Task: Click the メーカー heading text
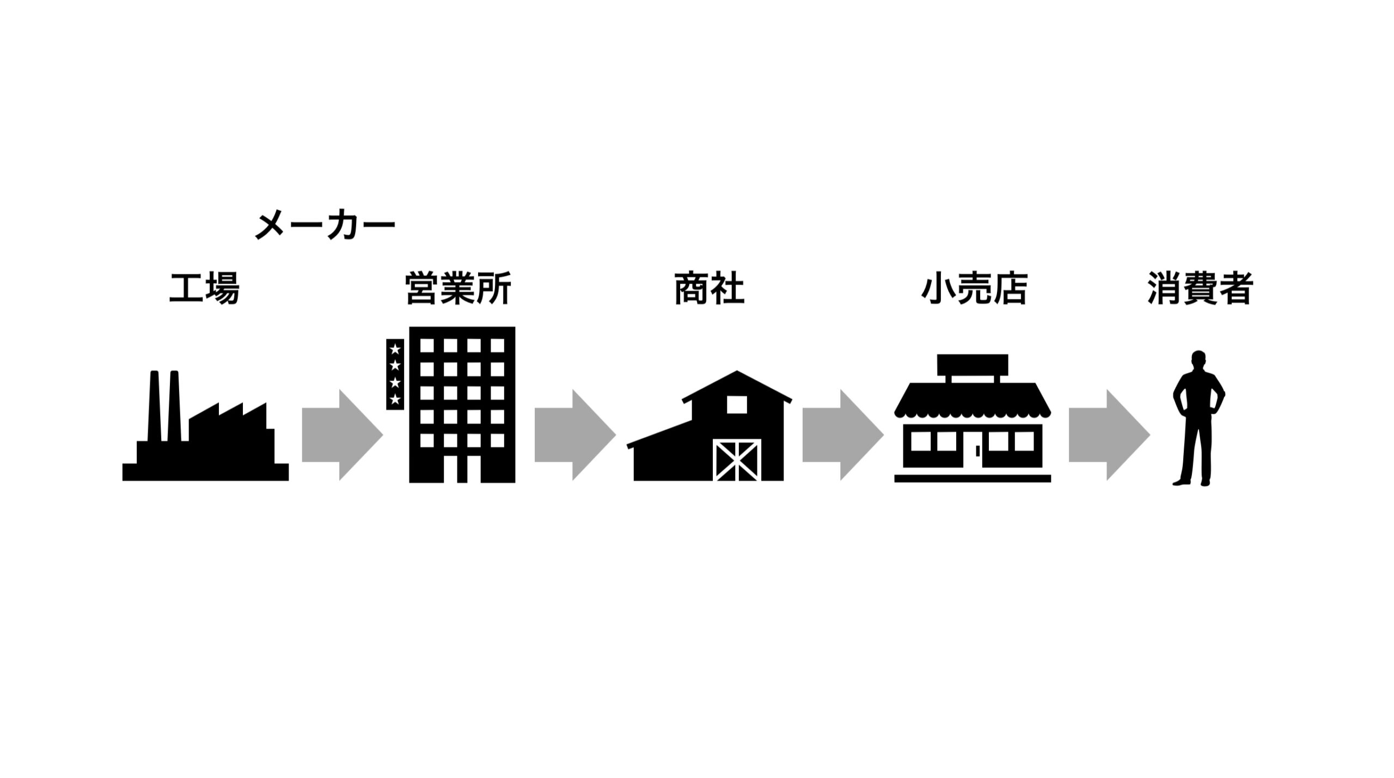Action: [x=325, y=225]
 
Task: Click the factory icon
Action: [x=205, y=426]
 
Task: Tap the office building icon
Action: [x=451, y=405]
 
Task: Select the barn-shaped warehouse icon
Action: [x=709, y=426]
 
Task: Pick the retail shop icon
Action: [x=973, y=418]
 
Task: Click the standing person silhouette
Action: [x=1199, y=418]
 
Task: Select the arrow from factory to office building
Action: [x=343, y=434]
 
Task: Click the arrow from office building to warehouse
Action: [x=575, y=434]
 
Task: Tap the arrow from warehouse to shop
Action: [x=843, y=434]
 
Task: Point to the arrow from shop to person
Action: [x=1109, y=434]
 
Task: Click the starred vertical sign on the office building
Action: [x=395, y=374]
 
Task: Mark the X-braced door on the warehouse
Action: [x=737, y=461]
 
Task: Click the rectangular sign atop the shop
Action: [x=973, y=365]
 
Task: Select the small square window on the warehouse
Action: [x=737, y=405]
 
